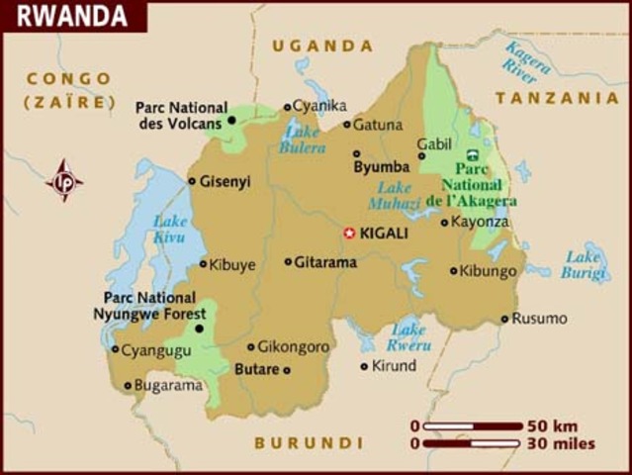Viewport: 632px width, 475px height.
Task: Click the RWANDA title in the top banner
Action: [71, 16]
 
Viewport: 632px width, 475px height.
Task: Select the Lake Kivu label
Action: [169, 230]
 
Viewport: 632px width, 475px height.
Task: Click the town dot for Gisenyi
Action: [192, 181]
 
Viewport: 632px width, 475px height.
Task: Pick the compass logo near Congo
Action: [64, 181]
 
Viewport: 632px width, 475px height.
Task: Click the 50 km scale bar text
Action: [552, 426]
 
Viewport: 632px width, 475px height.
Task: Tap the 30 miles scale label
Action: [560, 443]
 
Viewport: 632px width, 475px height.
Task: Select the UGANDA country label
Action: [323, 46]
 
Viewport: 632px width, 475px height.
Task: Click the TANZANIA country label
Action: [556, 98]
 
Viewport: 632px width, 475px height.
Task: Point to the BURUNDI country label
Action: [309, 442]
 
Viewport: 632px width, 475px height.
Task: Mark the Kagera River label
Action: [529, 61]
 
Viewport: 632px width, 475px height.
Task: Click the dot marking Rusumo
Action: [504, 319]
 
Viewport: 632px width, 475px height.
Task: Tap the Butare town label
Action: [254, 369]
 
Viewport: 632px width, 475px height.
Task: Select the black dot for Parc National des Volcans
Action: [231, 120]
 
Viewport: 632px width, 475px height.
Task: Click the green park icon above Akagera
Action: [473, 153]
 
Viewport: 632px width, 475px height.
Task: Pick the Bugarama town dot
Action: [128, 386]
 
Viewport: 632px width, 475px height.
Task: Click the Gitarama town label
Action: [324, 262]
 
